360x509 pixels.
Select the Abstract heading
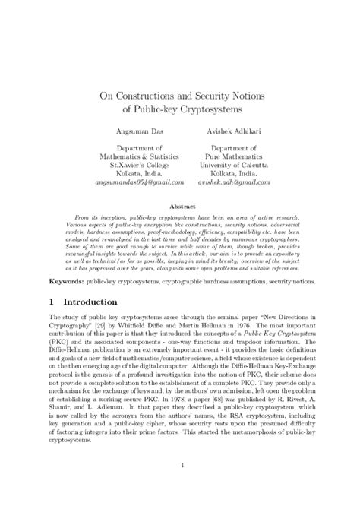tap(180, 206)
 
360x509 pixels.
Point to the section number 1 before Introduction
tap(51, 301)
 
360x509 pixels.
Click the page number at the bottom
tap(180, 487)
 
